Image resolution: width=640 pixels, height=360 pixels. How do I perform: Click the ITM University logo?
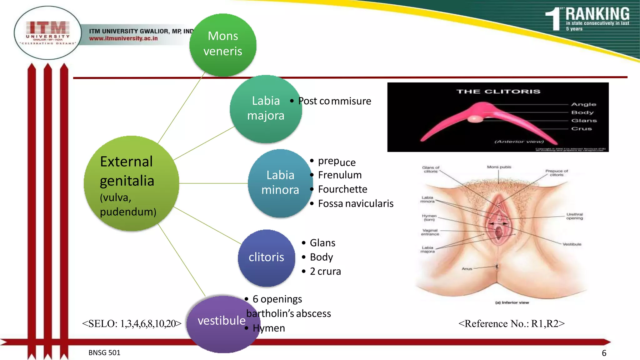(x=48, y=33)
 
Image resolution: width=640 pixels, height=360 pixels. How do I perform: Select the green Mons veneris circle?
(x=223, y=44)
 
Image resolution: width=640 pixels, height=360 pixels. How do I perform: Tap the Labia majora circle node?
(x=266, y=108)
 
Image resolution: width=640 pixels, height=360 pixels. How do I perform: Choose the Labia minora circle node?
(x=280, y=183)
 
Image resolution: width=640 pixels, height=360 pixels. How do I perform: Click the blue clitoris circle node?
(x=266, y=257)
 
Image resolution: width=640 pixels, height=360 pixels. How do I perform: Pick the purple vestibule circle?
(x=222, y=322)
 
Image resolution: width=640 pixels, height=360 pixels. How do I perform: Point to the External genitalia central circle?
(x=131, y=184)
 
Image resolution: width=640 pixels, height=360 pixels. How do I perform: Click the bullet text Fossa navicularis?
(x=356, y=204)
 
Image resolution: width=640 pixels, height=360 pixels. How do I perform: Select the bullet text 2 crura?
(x=325, y=272)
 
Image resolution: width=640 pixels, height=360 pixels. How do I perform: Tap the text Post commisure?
(x=334, y=101)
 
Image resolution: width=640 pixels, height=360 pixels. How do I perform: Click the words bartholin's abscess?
(x=288, y=314)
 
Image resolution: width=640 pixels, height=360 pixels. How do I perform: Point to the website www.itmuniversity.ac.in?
(x=123, y=38)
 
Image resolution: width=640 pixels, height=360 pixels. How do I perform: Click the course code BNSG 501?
(x=104, y=353)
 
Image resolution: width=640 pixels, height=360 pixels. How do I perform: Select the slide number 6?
(x=604, y=353)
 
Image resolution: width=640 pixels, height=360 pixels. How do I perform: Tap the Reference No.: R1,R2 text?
(x=512, y=324)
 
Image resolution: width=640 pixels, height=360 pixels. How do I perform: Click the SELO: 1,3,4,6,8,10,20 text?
(x=132, y=324)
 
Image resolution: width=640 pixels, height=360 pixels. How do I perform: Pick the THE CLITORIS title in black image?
(x=498, y=92)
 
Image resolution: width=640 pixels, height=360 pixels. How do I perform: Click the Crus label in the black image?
(x=581, y=129)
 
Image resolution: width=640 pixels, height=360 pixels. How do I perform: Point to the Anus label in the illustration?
(x=467, y=269)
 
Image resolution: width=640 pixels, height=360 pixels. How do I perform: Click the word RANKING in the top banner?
(x=597, y=14)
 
